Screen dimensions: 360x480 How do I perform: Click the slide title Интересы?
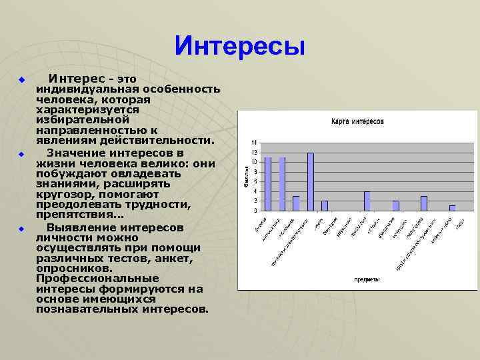coord(240,47)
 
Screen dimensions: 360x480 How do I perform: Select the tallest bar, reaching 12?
coord(311,181)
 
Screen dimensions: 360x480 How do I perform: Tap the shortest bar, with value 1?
coord(452,207)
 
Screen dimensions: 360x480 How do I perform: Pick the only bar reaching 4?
coord(367,201)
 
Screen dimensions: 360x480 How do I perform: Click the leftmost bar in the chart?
coord(267,183)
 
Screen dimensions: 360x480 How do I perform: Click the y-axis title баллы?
coord(246,177)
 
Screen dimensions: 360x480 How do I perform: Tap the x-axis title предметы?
coord(367,279)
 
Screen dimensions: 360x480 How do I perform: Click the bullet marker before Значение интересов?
coord(21,155)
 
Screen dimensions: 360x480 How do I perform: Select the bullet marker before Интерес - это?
coord(21,80)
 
